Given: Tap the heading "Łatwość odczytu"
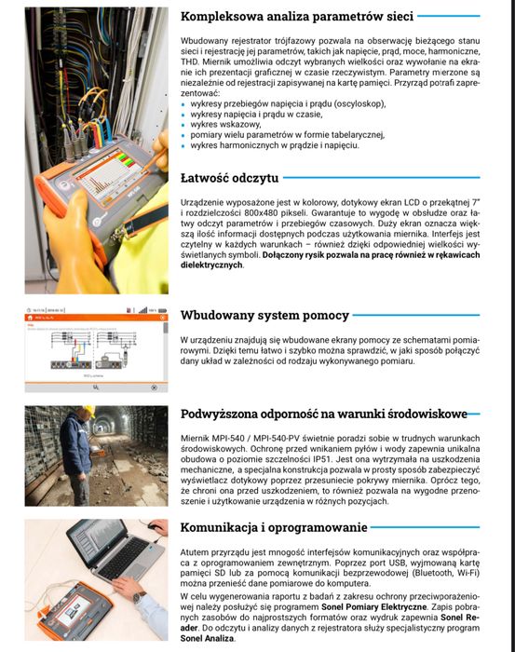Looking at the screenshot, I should [228, 178].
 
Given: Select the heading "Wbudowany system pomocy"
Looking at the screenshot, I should [264, 315].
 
